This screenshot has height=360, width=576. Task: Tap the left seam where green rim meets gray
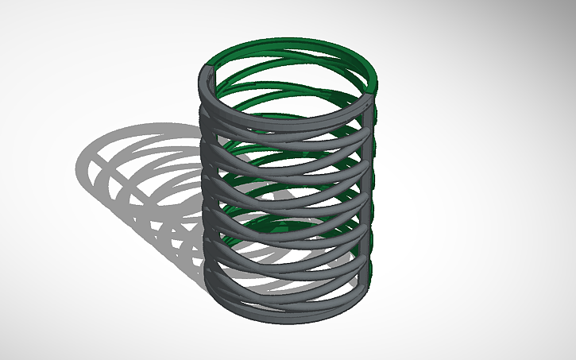pyautogui.click(x=208, y=64)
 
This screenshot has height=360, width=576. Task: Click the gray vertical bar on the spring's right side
pyautogui.click(x=370, y=191)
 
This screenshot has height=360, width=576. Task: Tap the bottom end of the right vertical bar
pyautogui.click(x=369, y=278)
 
